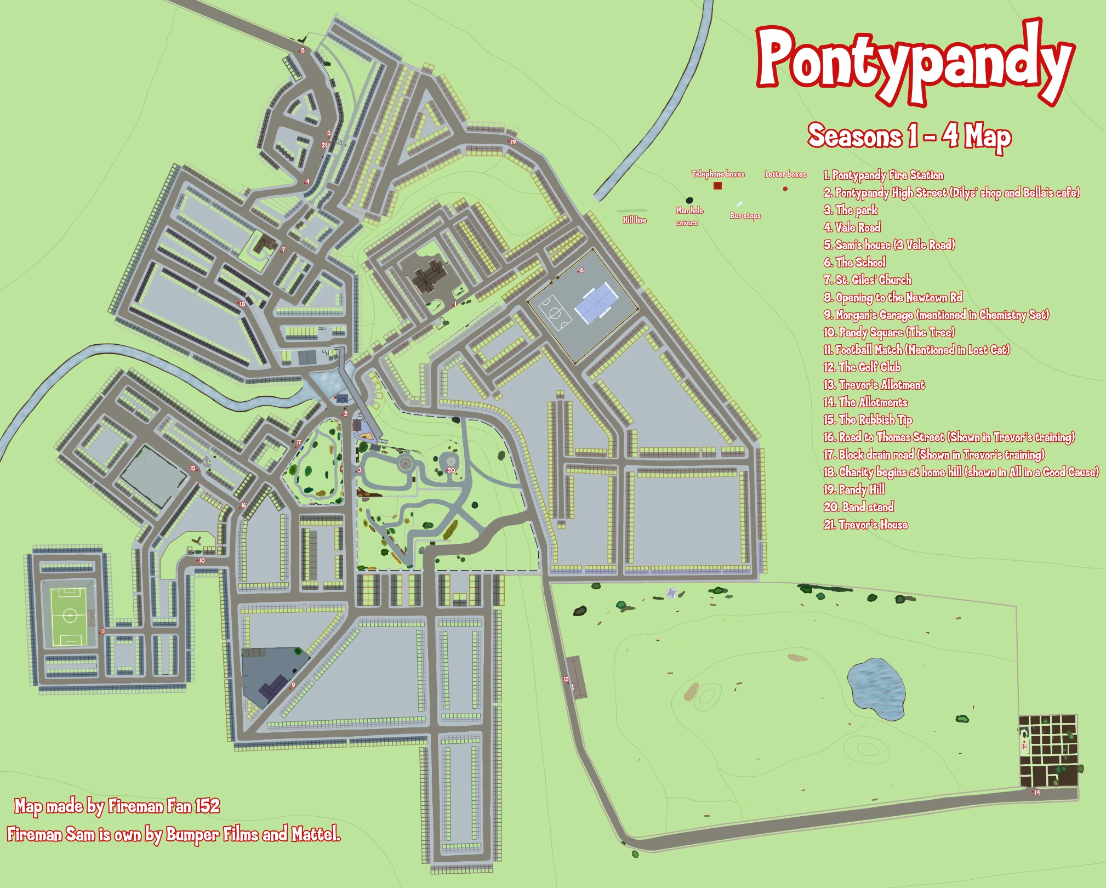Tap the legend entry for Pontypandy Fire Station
tap(883, 175)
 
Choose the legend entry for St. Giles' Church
tap(868, 280)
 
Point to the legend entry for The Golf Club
tap(862, 367)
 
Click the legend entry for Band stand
tap(859, 507)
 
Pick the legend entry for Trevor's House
tap(865, 525)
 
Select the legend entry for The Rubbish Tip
tap(868, 420)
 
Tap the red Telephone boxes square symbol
tap(717, 186)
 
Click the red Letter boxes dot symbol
tap(785, 189)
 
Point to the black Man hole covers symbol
tap(689, 201)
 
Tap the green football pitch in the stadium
tap(69, 616)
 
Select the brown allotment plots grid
tap(1048, 751)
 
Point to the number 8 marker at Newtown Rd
tap(303, 50)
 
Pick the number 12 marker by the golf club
tap(566, 680)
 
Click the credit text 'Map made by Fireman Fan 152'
tap(117, 806)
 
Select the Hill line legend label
tap(634, 220)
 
